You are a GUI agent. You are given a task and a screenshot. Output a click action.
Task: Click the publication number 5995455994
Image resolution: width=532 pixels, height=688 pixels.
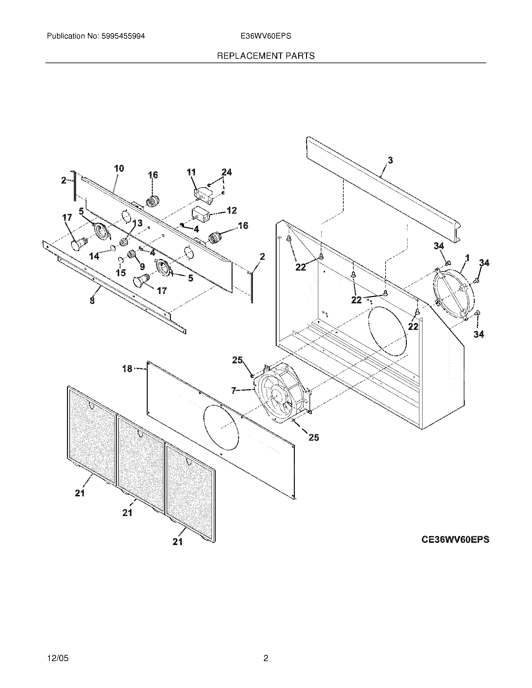click(123, 36)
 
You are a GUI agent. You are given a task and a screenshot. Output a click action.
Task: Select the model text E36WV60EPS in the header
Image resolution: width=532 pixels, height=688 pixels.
click(266, 36)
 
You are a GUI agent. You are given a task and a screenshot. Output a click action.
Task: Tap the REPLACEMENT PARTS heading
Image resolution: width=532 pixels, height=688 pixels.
click(266, 56)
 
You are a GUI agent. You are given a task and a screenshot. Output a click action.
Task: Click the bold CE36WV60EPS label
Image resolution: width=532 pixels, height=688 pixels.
click(455, 540)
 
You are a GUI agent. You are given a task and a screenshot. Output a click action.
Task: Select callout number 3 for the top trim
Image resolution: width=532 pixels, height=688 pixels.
click(390, 160)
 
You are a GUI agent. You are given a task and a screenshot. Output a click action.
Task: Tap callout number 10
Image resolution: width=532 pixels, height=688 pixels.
click(119, 169)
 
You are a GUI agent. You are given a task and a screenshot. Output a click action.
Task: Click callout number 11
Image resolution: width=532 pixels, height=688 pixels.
click(191, 172)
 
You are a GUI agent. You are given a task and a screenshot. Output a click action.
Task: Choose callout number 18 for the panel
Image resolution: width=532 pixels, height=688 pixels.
click(127, 369)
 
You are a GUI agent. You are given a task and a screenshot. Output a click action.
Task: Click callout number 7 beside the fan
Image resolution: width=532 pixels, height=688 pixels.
click(233, 391)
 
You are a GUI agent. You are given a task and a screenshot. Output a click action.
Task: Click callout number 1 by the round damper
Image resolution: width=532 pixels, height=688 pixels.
click(467, 258)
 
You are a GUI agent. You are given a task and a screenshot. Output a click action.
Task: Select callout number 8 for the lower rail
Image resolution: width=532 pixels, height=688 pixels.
click(92, 301)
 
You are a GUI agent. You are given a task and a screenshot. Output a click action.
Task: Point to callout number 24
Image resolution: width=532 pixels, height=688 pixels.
click(227, 172)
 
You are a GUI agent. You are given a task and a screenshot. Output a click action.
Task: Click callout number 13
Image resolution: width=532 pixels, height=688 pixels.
click(137, 223)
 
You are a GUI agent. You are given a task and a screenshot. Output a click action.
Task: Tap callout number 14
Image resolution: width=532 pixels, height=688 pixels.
click(94, 256)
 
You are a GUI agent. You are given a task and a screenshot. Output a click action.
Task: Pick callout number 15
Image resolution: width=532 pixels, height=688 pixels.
click(121, 273)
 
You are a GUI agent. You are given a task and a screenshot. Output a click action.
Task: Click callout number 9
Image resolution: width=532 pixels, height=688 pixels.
click(142, 267)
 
